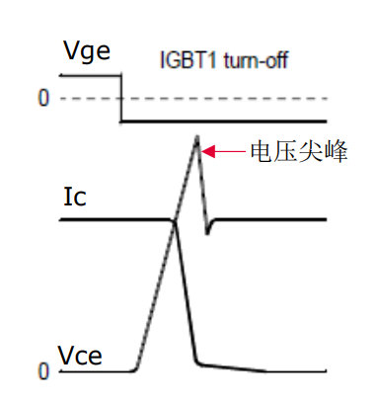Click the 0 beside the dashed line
coord(42,99)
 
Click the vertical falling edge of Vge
coord(120,99)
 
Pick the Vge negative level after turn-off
coord(227,121)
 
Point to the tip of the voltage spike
coord(197,137)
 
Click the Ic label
coord(75,197)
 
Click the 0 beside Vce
coord(42,372)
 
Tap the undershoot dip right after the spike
coord(207,233)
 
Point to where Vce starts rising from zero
coord(135,370)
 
